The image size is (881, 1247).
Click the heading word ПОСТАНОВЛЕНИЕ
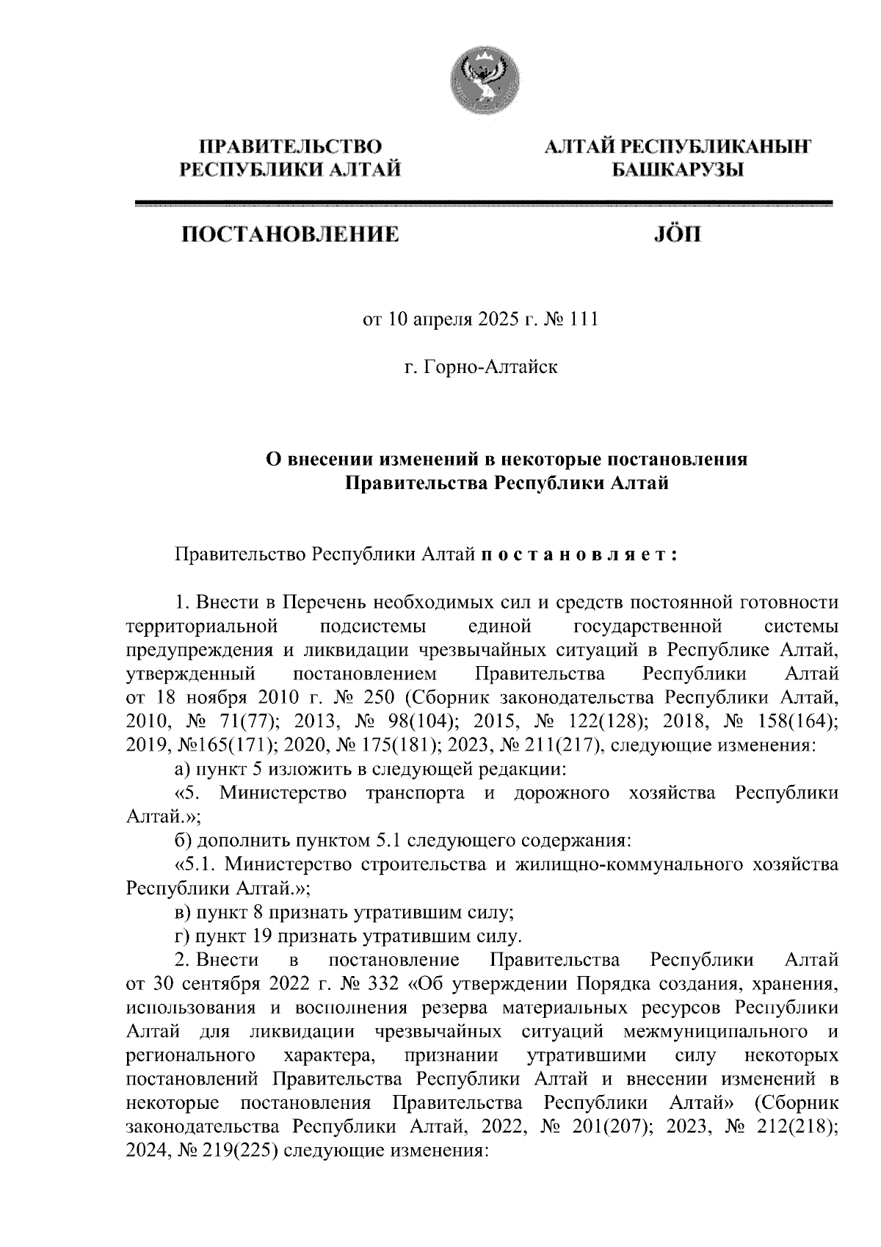coord(291,235)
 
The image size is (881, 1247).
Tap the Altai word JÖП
coord(677,235)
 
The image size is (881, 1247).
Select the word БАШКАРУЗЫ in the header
coord(677,171)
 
